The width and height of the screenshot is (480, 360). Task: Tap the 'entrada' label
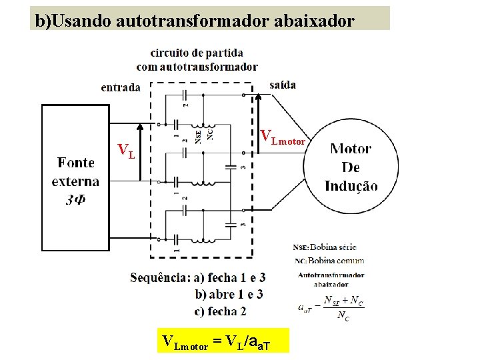pos(121,87)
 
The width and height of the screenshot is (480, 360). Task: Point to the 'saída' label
pos(283,85)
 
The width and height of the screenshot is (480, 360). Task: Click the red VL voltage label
pos(126,151)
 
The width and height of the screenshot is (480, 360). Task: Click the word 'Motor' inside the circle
pos(351,149)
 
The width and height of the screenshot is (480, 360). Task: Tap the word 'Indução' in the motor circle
pos(351,186)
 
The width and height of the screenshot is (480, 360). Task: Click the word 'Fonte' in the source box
pos(75,163)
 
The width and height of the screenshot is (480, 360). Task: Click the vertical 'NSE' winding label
pos(199,136)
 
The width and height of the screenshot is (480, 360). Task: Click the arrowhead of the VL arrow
pos(140,126)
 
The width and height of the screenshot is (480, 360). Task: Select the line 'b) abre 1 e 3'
pos(229,294)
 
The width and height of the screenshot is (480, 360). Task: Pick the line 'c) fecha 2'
pos(221,311)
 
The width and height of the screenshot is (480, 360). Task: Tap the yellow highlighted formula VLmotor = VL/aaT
pos(225,342)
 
